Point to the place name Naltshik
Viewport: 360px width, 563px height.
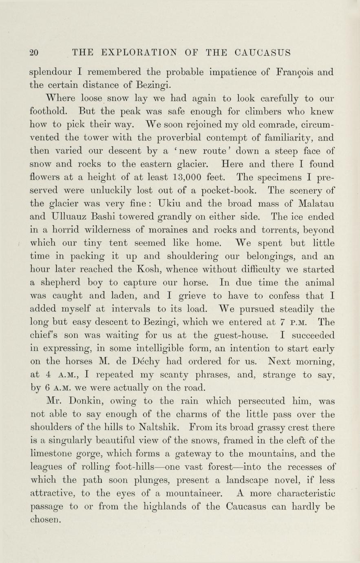coord(164,427)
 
